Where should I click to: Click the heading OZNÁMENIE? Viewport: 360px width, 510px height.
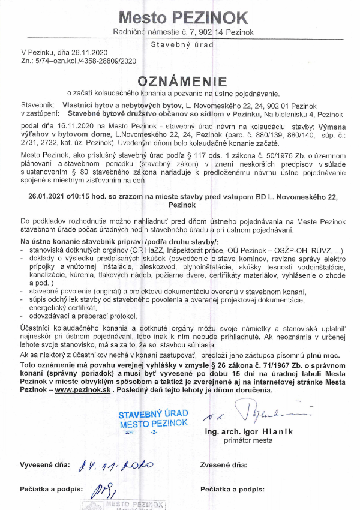point(182,81)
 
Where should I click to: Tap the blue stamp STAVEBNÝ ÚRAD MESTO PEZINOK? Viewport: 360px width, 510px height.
point(153,419)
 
